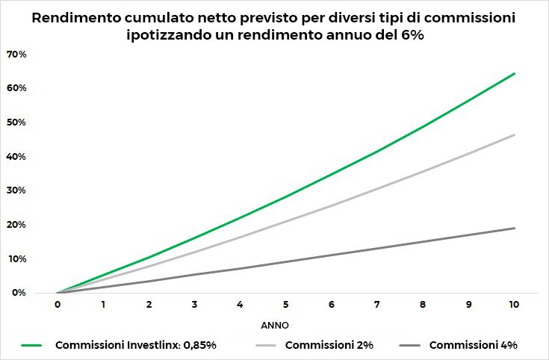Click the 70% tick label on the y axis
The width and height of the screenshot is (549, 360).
click(16, 55)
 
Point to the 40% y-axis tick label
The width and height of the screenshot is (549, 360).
click(16, 157)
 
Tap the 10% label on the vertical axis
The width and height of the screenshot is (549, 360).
click(16, 258)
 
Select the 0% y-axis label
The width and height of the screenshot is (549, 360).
click(18, 293)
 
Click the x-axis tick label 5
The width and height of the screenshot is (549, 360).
click(285, 305)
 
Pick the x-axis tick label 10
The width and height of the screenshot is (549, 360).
click(514, 305)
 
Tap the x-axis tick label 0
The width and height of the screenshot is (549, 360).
click(58, 305)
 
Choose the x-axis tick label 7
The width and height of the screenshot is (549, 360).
click(376, 305)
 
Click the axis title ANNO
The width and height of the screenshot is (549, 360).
click(274, 326)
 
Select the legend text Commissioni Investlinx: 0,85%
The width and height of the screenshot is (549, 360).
click(136, 345)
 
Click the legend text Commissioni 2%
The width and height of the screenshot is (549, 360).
click(328, 345)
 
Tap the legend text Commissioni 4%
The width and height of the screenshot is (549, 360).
click(473, 345)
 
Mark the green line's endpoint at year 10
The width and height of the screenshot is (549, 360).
click(515, 73)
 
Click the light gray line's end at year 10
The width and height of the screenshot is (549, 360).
click(515, 134)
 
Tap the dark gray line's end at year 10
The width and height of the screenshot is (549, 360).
click(515, 228)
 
